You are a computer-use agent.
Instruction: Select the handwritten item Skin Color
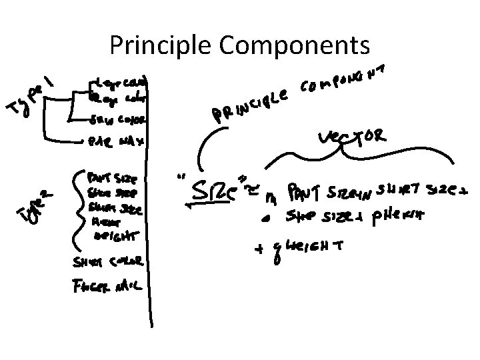pyautogui.click(x=118, y=121)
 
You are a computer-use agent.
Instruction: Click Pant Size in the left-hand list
pyautogui.click(x=113, y=179)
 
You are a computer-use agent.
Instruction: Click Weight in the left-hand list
pyautogui.click(x=115, y=236)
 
